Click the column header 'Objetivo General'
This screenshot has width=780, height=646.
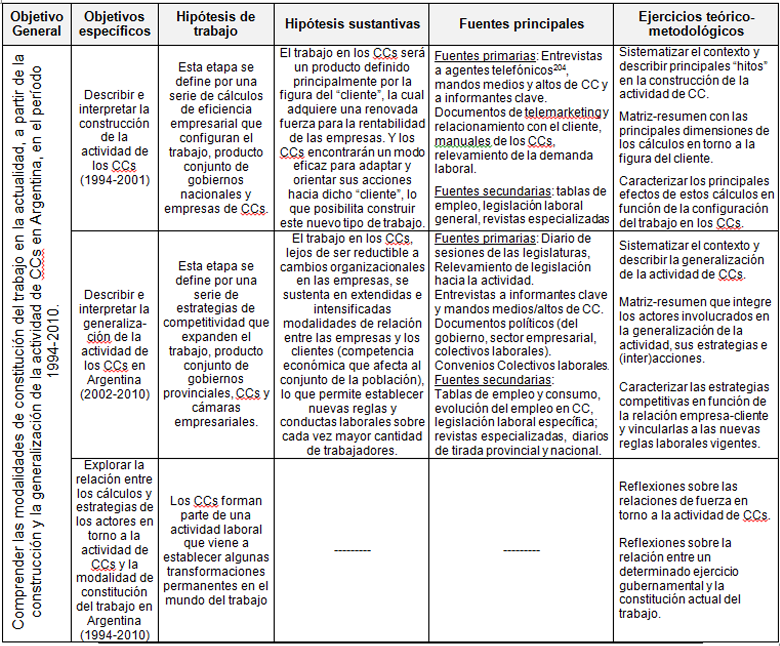click(36, 24)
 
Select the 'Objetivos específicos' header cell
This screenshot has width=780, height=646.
click(115, 24)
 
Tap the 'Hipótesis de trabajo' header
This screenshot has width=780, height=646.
click(216, 24)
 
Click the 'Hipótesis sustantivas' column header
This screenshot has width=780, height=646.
click(352, 24)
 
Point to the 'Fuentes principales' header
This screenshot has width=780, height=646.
click(521, 24)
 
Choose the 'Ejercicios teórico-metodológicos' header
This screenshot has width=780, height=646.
click(696, 24)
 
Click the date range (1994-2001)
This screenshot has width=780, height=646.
click(115, 180)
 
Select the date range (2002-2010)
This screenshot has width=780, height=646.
click(115, 394)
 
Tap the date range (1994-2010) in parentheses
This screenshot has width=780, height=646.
click(115, 635)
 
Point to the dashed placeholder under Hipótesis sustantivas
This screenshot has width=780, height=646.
click(352, 550)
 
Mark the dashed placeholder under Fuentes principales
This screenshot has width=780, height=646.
click(521, 550)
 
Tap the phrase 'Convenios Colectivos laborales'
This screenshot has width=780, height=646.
click(522, 366)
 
